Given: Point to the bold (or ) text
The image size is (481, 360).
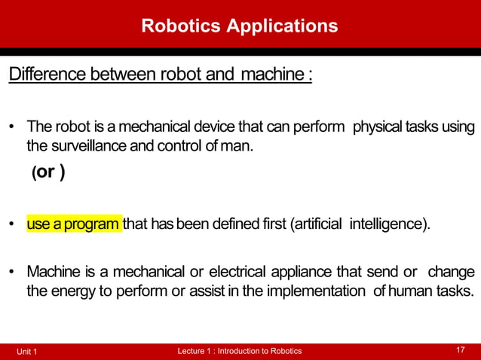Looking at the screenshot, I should (47, 172).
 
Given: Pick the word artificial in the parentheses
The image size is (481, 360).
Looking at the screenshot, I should (318, 224).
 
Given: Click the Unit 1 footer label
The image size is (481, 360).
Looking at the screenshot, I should (26, 352).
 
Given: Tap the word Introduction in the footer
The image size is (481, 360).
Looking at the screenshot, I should (239, 351).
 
